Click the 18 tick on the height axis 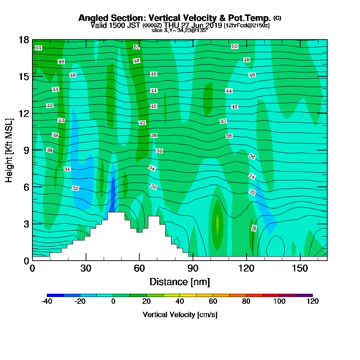point(24,40)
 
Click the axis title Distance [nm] point(180,282)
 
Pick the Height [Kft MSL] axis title point(9,150)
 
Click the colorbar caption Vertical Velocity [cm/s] point(180,315)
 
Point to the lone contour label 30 point(254,228)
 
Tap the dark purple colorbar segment point(304,295)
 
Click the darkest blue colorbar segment point(55,295)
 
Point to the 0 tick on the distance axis point(32,268)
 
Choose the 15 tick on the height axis point(24,77)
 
